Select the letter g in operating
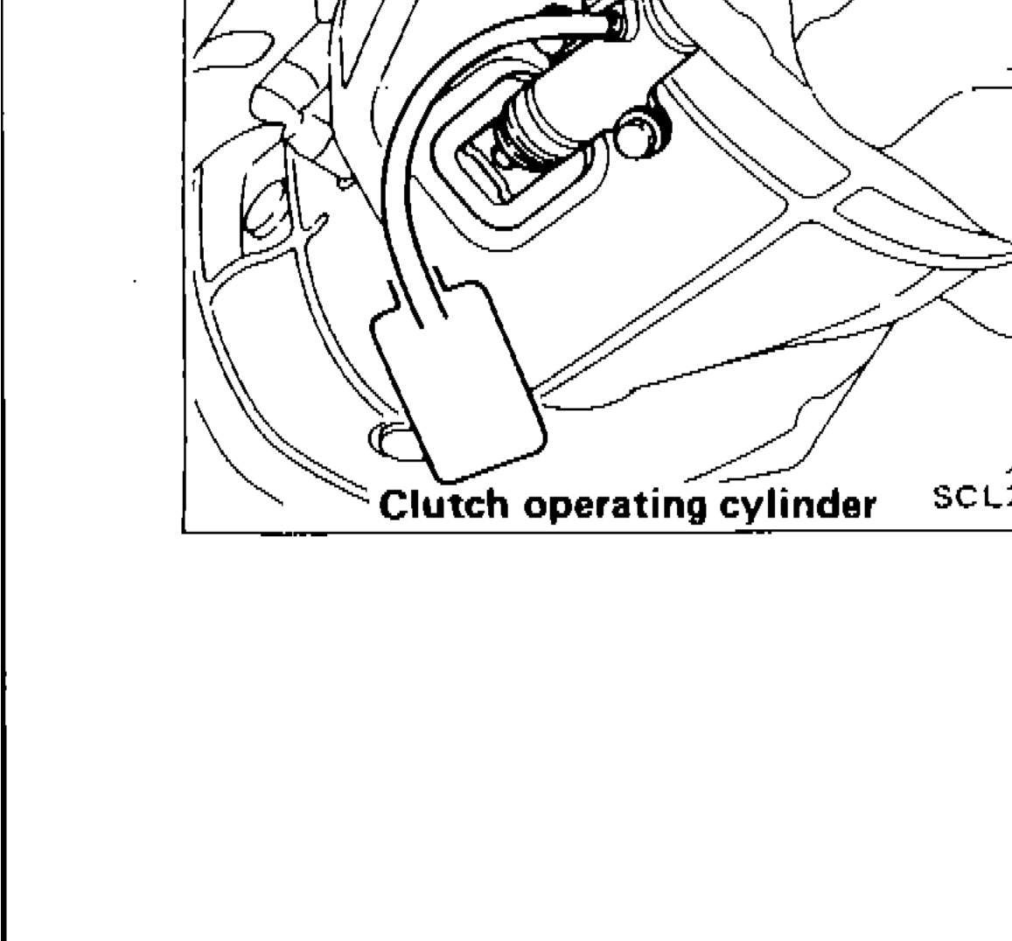click(661, 509)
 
